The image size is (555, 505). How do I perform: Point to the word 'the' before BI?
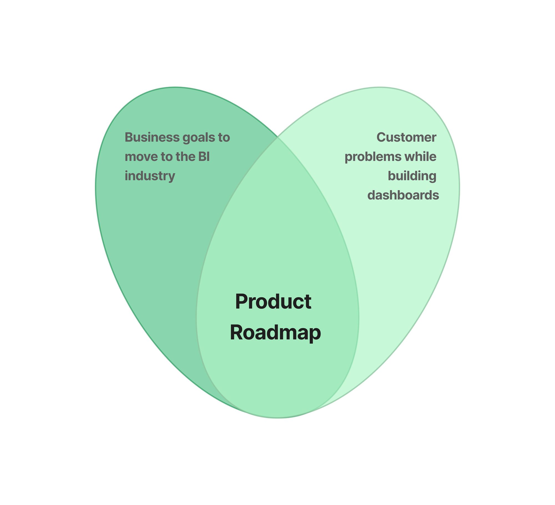click(185, 157)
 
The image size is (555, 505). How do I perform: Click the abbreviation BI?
click(204, 157)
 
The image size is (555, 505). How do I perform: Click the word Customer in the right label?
click(406, 137)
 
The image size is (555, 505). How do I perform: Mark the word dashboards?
click(403, 195)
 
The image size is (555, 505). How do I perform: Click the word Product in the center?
click(273, 302)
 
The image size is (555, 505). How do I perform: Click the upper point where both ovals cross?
click(277, 137)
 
